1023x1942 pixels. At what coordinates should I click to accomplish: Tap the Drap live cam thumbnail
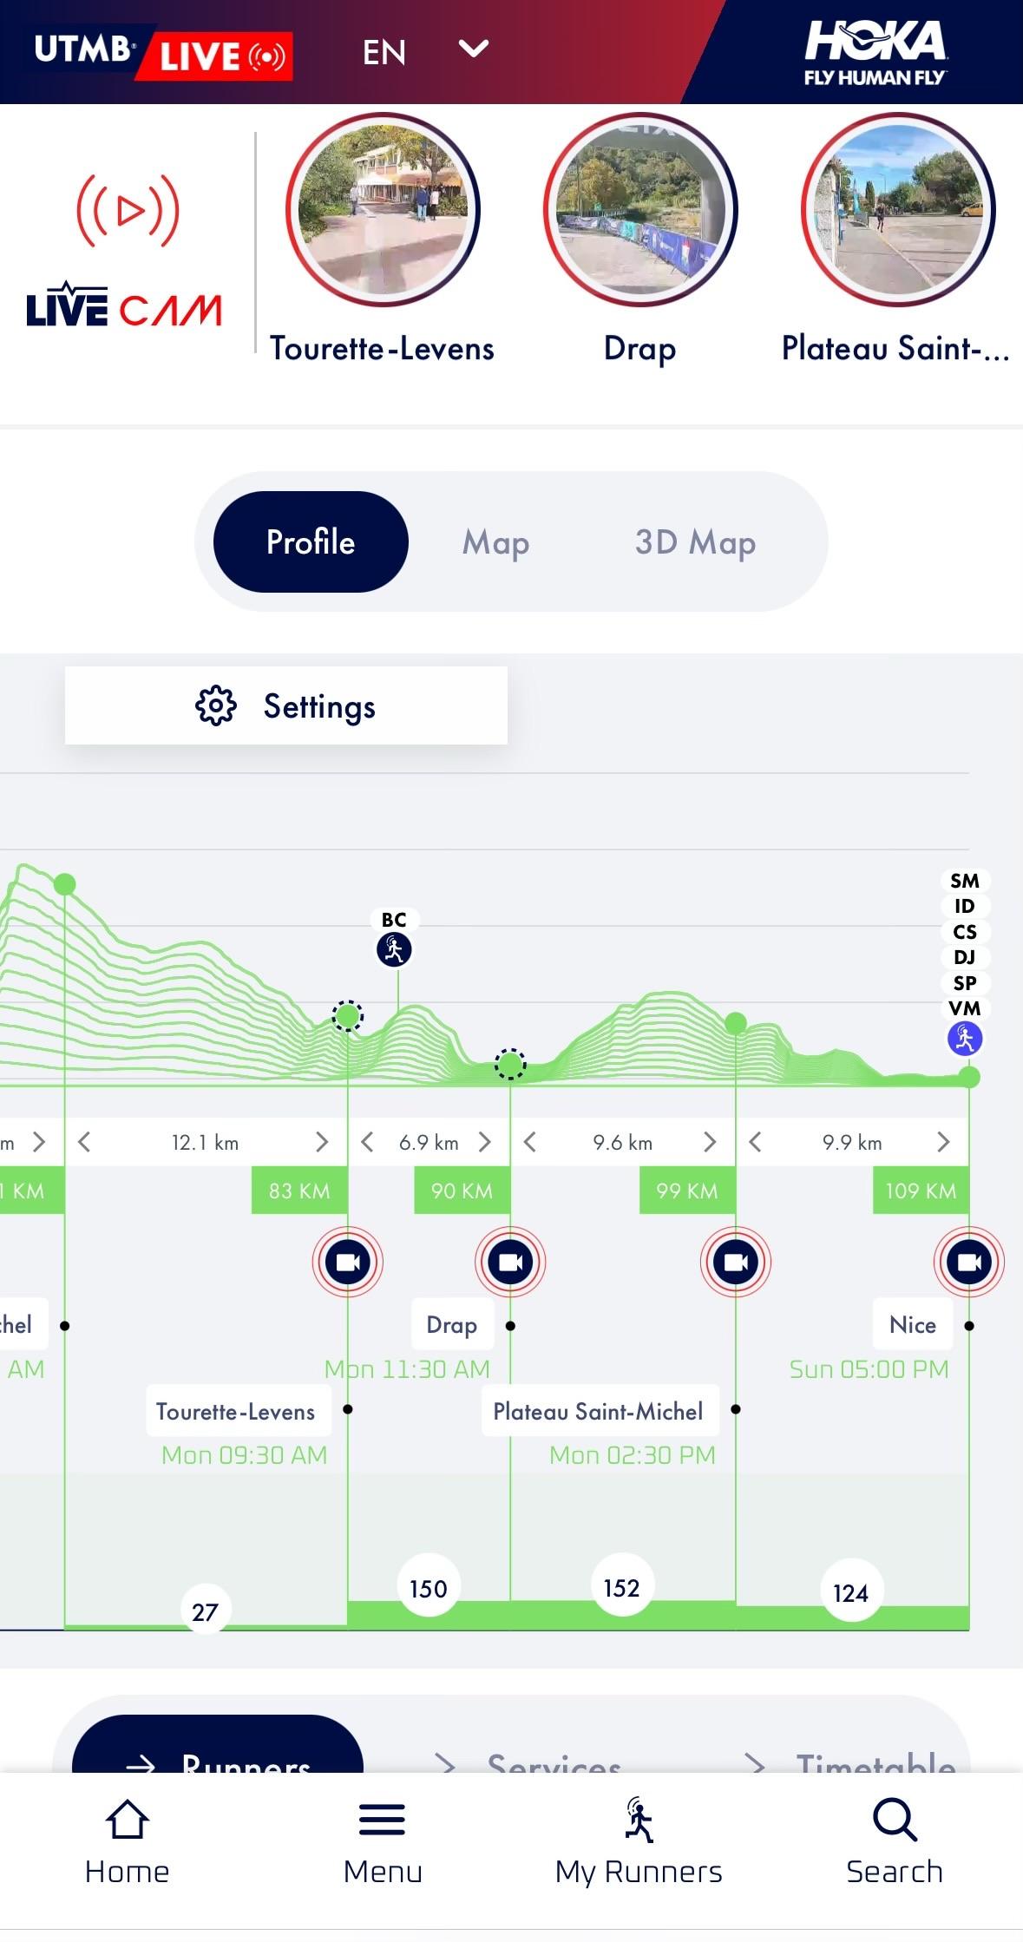(640, 210)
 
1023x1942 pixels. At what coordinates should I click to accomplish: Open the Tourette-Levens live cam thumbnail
(383, 210)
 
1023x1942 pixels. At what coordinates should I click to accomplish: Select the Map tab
(495, 542)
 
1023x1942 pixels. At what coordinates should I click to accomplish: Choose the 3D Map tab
(695, 542)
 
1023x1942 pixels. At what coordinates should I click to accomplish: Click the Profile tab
(311, 542)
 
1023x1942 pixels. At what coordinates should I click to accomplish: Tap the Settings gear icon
(215, 705)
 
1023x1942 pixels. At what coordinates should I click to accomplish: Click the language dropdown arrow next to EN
(473, 49)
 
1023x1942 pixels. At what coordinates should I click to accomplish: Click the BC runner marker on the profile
(394, 948)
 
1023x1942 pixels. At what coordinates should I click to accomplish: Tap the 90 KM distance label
(462, 1191)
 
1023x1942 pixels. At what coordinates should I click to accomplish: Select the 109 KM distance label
(921, 1191)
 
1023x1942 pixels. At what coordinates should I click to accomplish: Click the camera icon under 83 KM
(347, 1262)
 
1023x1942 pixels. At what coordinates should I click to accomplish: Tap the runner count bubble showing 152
(621, 1588)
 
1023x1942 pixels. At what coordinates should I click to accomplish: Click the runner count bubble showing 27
(205, 1612)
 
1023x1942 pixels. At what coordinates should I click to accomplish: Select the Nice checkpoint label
(912, 1324)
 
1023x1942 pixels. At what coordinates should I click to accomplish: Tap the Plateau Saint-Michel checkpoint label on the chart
(598, 1411)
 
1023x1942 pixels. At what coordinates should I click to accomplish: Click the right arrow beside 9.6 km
(710, 1142)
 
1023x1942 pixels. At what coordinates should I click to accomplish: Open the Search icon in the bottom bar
(895, 1821)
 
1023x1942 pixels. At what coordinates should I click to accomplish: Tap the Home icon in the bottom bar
(127, 1821)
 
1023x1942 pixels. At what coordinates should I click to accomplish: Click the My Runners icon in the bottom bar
(639, 1821)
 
